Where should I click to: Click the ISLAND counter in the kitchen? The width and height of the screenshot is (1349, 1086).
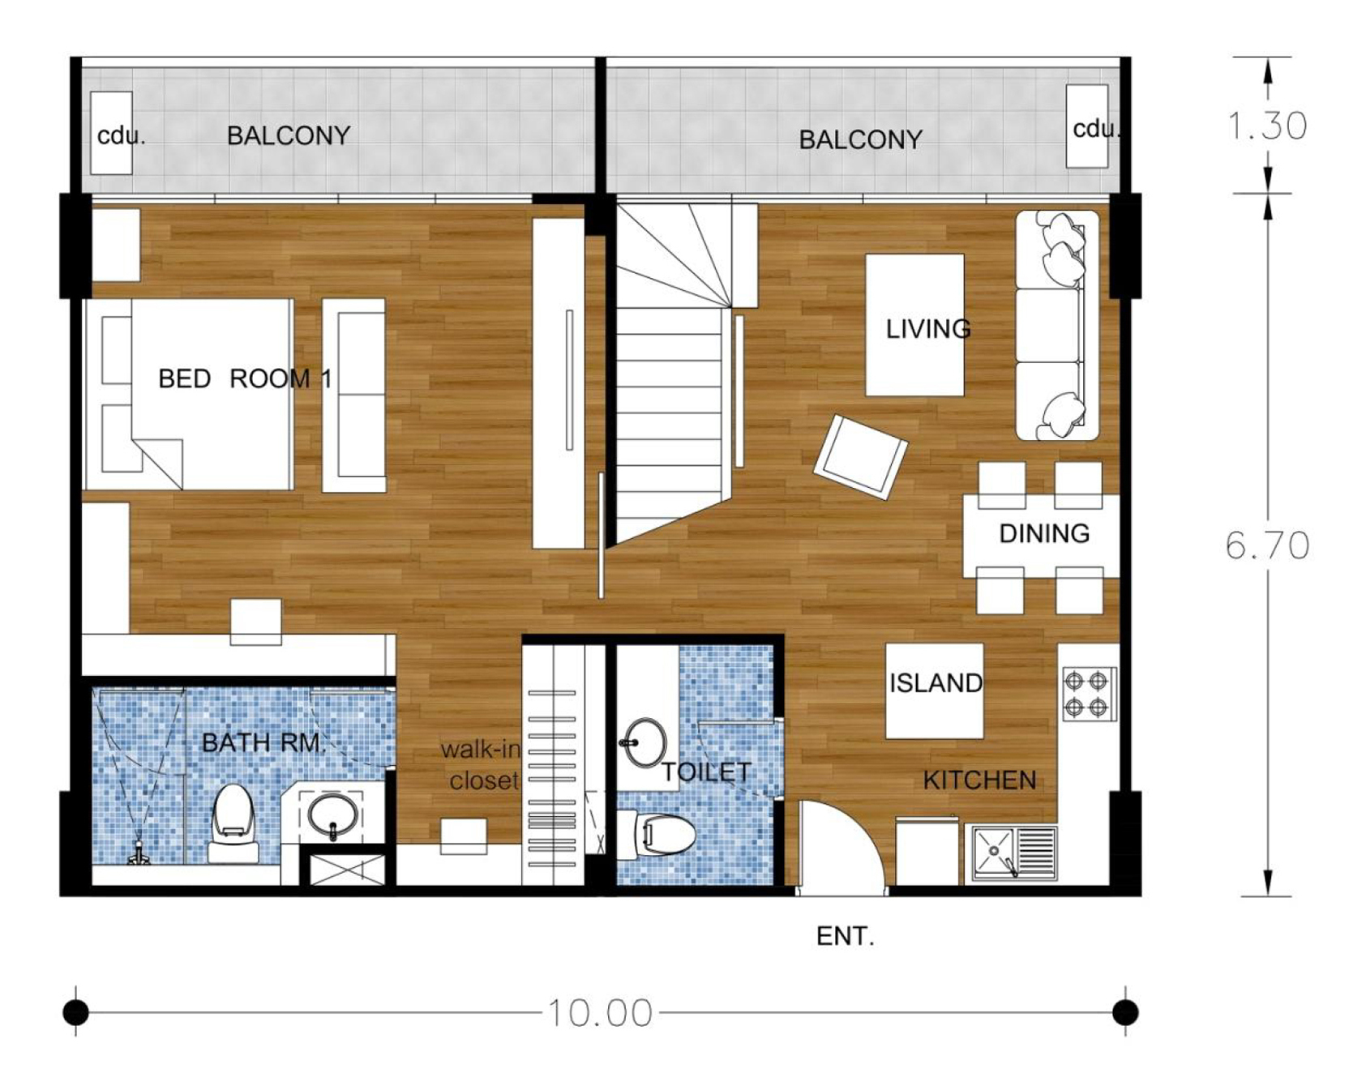tap(934, 691)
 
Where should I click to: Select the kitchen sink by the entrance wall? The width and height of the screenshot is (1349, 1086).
tap(1014, 853)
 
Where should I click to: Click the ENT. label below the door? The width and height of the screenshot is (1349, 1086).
tap(845, 937)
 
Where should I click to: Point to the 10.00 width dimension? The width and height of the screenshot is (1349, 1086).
tap(600, 1013)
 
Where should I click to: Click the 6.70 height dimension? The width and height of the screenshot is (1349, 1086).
tap(1267, 545)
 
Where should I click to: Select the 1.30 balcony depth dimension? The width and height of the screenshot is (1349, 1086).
tap(1267, 126)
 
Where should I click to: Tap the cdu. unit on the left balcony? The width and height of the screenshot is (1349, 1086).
tap(111, 133)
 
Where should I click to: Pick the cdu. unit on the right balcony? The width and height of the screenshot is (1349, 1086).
tap(1087, 126)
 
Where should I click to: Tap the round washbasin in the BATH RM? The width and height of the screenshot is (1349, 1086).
tap(332, 815)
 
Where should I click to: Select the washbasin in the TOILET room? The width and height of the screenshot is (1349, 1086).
tap(645, 742)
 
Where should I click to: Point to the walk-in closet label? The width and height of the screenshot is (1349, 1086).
tap(480, 764)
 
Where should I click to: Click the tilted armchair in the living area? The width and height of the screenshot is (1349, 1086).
tap(860, 456)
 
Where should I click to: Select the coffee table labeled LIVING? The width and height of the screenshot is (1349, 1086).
tap(914, 325)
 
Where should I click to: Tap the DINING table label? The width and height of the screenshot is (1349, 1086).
tap(1044, 533)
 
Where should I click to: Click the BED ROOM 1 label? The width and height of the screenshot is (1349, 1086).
tap(245, 378)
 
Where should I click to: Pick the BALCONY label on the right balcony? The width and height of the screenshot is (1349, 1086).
tap(860, 139)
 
